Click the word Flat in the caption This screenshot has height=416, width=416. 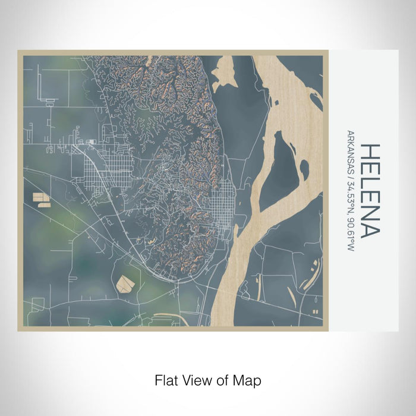point(166,380)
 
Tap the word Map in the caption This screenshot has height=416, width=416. point(248,380)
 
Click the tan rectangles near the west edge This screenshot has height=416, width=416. point(40,198)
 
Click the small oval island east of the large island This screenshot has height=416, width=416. point(304,170)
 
